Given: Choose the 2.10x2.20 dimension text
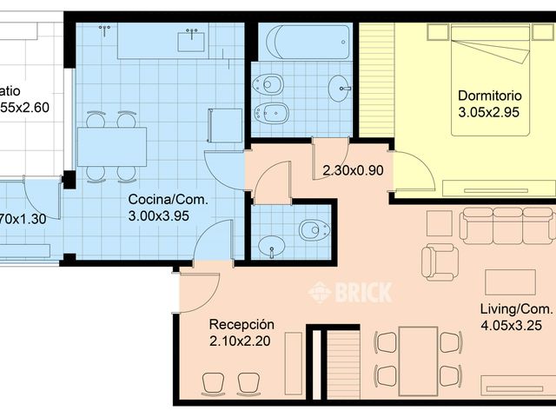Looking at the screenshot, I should pyautogui.click(x=240, y=341).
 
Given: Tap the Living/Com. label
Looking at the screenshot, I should pyautogui.click(x=516, y=309).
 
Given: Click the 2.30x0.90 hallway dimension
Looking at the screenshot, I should pyautogui.click(x=352, y=170).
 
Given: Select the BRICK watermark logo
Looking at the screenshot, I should pyautogui.click(x=351, y=292).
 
